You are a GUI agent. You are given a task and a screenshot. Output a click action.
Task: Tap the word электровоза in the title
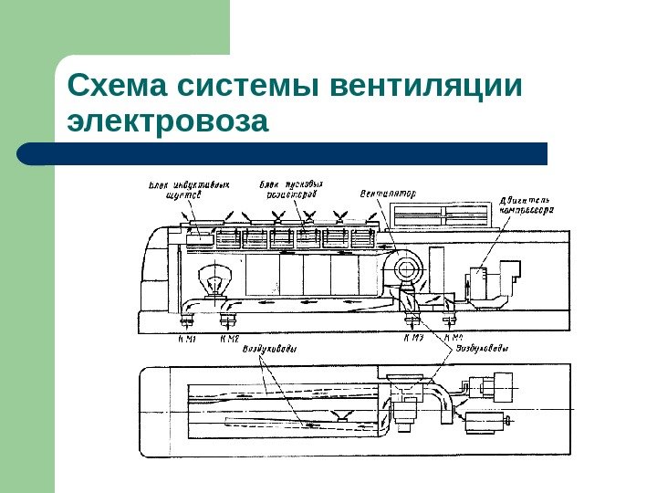[170, 121]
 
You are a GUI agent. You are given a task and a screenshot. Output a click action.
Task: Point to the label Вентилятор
[388, 194]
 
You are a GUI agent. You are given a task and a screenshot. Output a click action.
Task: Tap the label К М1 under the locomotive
[187, 339]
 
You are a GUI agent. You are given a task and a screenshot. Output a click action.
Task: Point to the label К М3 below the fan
[413, 339]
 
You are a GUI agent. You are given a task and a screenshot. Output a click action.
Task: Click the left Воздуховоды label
[270, 349]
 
